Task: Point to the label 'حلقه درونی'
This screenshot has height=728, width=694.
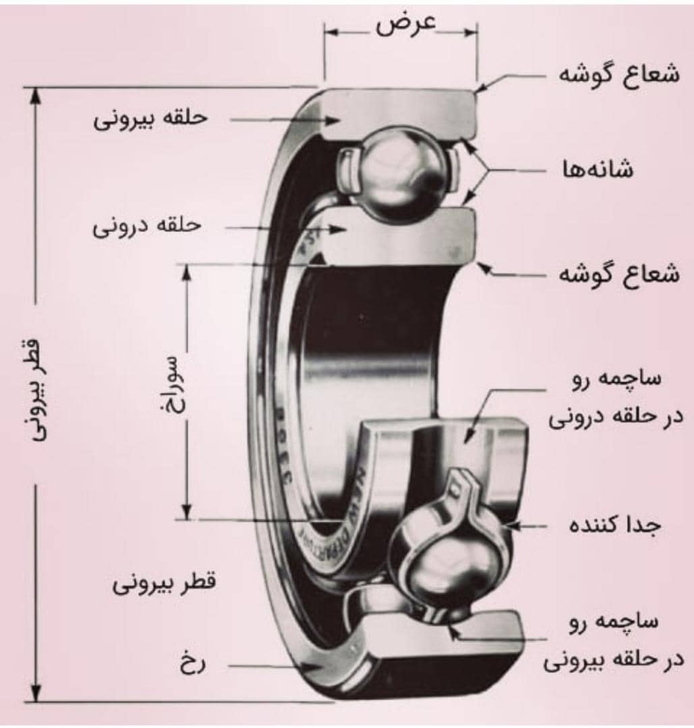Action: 147,226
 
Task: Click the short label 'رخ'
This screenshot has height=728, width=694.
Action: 192,665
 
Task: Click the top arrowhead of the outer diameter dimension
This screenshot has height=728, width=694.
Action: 36,94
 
